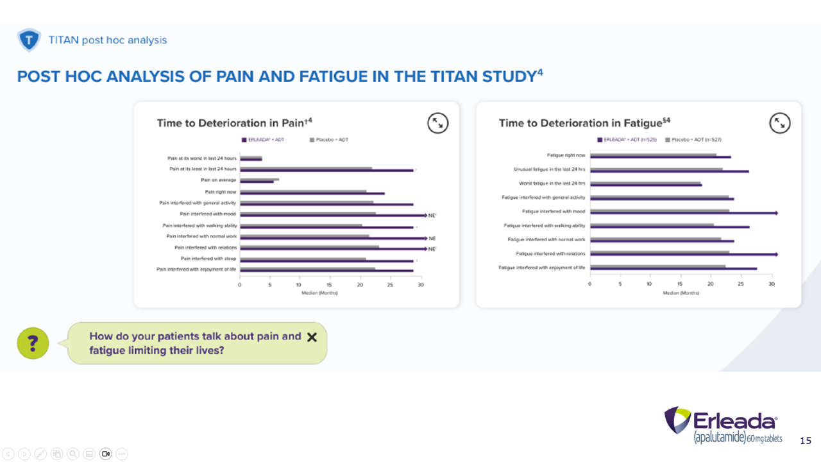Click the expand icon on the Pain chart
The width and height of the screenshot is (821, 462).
[x=438, y=123]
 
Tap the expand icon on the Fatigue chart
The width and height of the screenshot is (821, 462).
[x=780, y=123]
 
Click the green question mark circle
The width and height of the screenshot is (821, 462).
[x=33, y=343]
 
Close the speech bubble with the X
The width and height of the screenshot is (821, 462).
[x=312, y=337]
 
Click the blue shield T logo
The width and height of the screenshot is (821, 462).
[x=29, y=40]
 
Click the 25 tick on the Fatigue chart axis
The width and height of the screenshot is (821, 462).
[x=741, y=284]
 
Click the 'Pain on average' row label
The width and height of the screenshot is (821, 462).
[x=218, y=180]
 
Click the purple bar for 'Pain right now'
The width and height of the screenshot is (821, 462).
[x=312, y=193]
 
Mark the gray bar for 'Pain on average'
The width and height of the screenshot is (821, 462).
[x=259, y=179]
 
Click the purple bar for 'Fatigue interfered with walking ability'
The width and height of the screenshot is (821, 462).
[x=669, y=227]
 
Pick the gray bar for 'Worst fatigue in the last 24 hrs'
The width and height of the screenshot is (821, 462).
[x=645, y=183]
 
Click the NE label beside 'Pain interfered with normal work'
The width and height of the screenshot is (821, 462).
[x=432, y=238]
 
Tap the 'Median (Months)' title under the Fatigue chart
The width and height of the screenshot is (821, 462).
[x=681, y=293]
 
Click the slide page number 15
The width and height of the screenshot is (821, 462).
[x=805, y=441]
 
